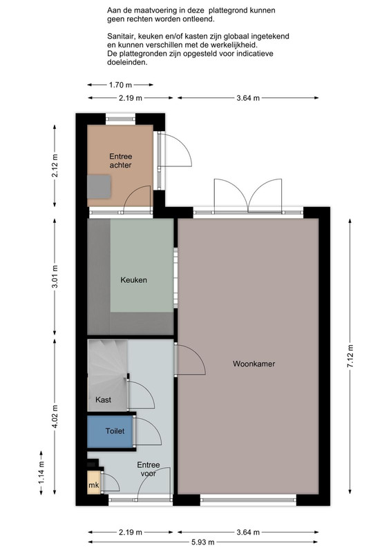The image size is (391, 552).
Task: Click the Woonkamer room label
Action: pyautogui.click(x=254, y=364)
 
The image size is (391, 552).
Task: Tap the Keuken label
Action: pyautogui.click(x=133, y=280)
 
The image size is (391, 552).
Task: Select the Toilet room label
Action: pyautogui.click(x=115, y=431)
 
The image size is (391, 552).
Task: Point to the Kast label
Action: pyautogui.click(x=103, y=400)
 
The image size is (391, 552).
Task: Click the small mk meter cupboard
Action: pyautogui.click(x=94, y=482)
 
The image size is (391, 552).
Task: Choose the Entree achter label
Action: pyautogui.click(x=121, y=161)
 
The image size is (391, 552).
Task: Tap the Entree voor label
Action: pyautogui.click(x=149, y=469)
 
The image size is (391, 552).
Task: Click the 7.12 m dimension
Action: pyautogui.click(x=350, y=356)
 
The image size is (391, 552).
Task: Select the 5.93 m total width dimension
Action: pyautogui.click(x=203, y=542)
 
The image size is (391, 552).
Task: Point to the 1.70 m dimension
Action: pyautogui.click(x=120, y=85)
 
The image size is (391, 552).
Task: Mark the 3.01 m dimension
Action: pyautogui.click(x=55, y=277)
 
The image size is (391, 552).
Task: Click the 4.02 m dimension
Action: pyautogui.click(x=55, y=417)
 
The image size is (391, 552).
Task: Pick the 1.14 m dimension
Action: pyautogui.click(x=41, y=473)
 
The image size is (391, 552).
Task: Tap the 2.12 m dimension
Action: pyautogui.click(x=55, y=166)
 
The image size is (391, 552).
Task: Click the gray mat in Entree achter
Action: pyautogui.click(x=99, y=186)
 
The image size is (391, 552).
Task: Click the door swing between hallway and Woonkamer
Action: pyautogui.click(x=194, y=353)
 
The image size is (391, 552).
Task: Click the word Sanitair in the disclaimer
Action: pyautogui.click(x=121, y=37)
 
